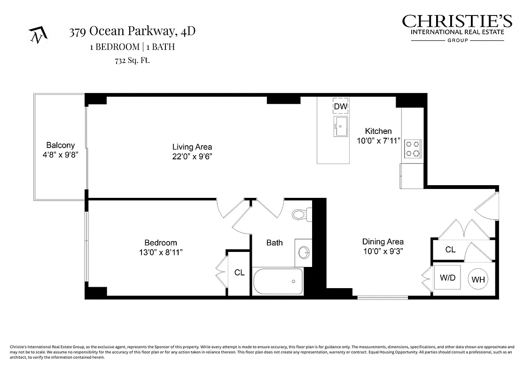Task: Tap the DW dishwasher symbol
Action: tap(340, 107)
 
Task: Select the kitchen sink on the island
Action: tap(340, 126)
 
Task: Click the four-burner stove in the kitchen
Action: tap(413, 149)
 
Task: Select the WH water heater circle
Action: tap(478, 280)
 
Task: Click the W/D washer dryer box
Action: tap(447, 278)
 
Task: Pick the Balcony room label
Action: tap(60, 146)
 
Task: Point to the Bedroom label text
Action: tap(161, 243)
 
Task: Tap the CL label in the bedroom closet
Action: tap(239, 273)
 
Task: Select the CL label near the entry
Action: tap(450, 250)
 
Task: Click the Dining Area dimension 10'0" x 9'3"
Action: tap(383, 251)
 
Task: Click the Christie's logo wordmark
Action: tap(457, 22)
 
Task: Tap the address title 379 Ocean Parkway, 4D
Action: tap(132, 31)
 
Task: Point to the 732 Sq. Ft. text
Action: tap(132, 60)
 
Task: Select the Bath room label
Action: tap(274, 243)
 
